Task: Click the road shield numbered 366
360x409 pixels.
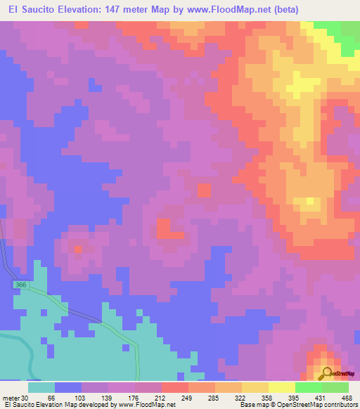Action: click(19, 285)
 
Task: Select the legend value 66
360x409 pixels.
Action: click(51, 398)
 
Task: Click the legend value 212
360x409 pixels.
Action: click(159, 398)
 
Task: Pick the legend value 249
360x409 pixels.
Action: click(186, 398)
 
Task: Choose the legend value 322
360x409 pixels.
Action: click(240, 398)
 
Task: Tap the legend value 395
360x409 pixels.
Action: click(293, 398)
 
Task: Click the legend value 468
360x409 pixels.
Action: click(346, 398)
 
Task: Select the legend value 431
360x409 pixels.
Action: click(320, 398)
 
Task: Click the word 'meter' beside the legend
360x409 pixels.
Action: click(10, 398)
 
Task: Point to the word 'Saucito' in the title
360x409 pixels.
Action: click(41, 10)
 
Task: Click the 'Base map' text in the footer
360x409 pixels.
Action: click(253, 405)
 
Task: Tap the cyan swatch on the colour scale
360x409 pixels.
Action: click(41, 387)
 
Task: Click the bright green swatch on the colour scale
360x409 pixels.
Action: click(309, 387)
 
